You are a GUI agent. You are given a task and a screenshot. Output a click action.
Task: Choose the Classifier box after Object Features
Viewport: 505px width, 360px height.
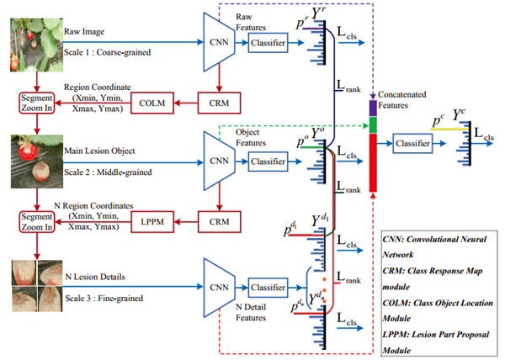tap(268, 160)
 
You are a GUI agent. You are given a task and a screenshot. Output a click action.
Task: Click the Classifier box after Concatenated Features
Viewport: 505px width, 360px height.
tap(412, 145)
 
